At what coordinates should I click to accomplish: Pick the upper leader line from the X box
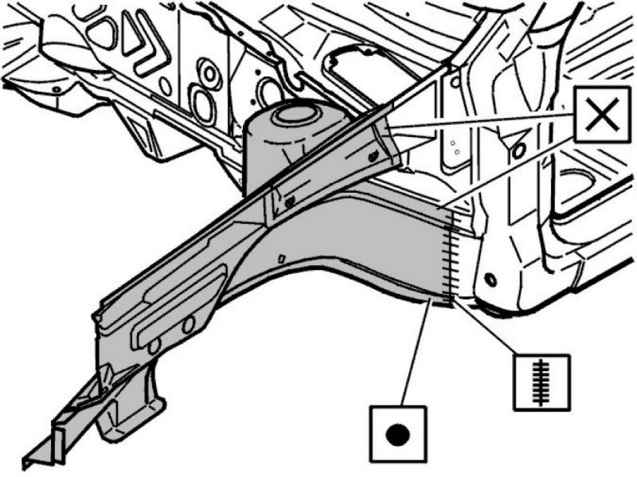click(x=486, y=123)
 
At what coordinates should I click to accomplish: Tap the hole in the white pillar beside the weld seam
click(x=488, y=280)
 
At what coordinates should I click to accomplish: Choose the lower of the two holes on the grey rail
click(x=154, y=344)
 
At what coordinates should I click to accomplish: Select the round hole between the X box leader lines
click(x=520, y=150)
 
